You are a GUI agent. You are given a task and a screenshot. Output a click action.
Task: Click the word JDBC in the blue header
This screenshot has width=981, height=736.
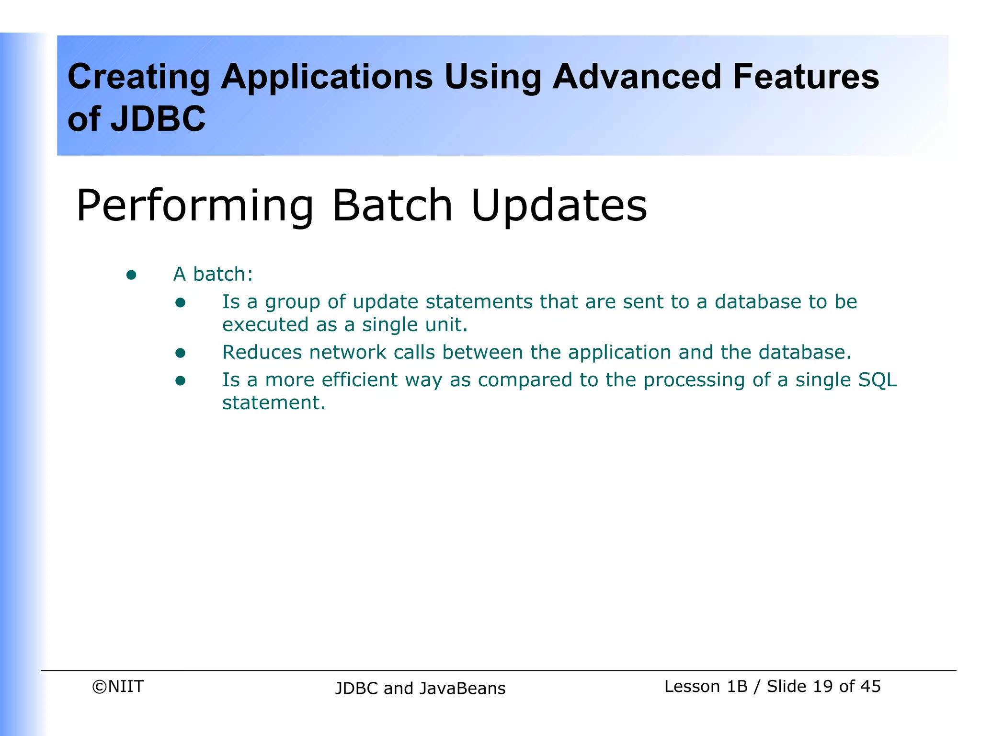click(158, 119)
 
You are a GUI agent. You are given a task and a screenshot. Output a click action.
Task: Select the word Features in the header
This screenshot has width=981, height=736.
click(806, 77)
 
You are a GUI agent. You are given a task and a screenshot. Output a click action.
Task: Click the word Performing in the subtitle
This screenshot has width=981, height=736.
click(194, 207)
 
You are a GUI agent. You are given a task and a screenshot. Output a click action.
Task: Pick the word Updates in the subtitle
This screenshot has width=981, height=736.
click(559, 207)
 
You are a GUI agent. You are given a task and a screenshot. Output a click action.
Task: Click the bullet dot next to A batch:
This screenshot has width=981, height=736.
click(131, 275)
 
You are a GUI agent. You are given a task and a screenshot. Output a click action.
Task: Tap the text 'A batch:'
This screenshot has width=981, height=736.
click(213, 275)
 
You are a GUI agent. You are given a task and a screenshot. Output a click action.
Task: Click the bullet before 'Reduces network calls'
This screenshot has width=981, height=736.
click(180, 353)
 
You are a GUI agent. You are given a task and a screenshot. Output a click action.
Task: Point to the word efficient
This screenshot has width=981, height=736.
click(359, 380)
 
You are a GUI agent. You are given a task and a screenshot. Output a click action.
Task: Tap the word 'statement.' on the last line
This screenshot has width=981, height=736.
click(274, 403)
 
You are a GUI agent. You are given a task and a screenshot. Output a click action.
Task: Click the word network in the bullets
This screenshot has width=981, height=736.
click(348, 353)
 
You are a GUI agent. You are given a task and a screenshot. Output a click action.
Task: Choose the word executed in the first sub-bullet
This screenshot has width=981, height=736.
click(265, 325)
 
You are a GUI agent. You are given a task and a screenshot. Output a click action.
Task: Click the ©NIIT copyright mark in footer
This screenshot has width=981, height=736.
click(118, 687)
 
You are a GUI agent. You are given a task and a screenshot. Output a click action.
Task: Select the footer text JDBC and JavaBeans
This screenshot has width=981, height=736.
click(420, 689)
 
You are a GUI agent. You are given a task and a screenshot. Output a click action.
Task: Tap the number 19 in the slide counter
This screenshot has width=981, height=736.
click(822, 687)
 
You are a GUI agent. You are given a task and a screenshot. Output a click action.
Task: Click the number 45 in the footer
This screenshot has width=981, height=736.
click(870, 687)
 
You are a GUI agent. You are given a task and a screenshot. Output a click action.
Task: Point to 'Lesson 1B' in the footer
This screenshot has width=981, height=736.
click(706, 687)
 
